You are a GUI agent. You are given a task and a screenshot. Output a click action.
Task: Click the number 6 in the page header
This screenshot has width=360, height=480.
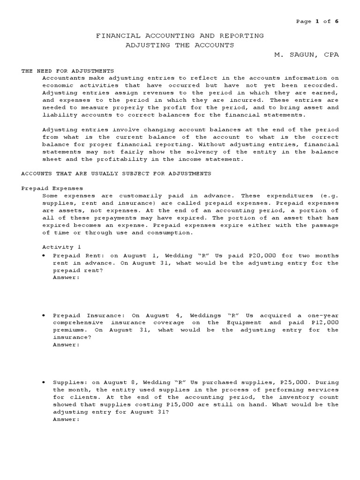point(336,21)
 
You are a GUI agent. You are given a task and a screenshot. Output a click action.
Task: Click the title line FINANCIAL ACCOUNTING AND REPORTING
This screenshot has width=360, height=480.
point(180,36)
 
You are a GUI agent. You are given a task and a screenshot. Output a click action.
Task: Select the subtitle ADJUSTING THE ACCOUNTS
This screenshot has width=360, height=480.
point(180,45)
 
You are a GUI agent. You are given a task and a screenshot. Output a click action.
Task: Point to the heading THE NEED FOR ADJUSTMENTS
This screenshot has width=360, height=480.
point(68,71)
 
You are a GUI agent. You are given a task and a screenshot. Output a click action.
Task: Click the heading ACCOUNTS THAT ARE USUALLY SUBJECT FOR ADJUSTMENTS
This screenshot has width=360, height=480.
point(116,173)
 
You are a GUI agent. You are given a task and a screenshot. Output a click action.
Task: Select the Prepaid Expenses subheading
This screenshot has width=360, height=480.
point(52,188)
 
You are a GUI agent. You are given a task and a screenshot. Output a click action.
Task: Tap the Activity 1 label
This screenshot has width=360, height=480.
point(58,247)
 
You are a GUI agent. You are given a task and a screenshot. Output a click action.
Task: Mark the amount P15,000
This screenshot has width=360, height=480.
point(173,405)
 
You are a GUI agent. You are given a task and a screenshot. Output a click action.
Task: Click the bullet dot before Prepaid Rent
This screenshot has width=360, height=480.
point(44,256)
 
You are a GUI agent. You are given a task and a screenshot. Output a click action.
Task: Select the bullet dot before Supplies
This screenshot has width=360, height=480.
point(44,382)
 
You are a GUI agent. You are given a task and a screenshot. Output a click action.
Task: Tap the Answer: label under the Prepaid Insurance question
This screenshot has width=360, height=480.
point(66,345)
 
